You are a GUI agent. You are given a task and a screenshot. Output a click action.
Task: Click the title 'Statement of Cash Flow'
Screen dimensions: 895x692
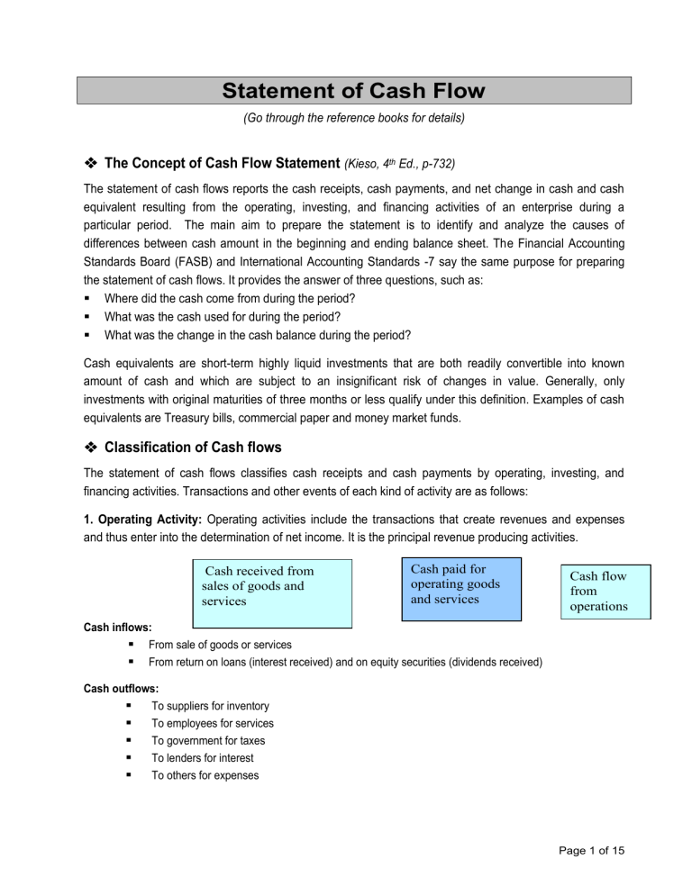(x=353, y=91)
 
